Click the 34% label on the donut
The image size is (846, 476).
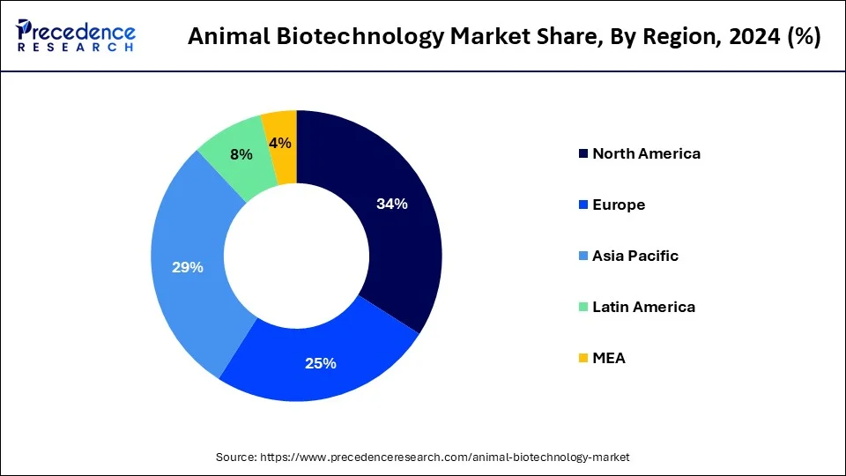[x=392, y=204]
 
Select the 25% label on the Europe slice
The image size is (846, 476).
[x=320, y=362]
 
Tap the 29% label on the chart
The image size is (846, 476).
[x=188, y=267]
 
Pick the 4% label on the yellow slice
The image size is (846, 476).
[x=281, y=143]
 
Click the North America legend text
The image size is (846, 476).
[x=646, y=153]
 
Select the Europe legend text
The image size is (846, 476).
[x=619, y=205]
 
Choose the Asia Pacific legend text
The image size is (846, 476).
[x=635, y=256]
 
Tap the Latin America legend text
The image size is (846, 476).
[x=643, y=307]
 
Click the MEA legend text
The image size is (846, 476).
[x=609, y=358]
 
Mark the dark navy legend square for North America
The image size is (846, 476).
[x=583, y=154]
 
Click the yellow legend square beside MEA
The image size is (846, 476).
[x=583, y=359]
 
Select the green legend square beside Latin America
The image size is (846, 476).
[x=583, y=308]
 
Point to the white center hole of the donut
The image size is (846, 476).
[x=297, y=257]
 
